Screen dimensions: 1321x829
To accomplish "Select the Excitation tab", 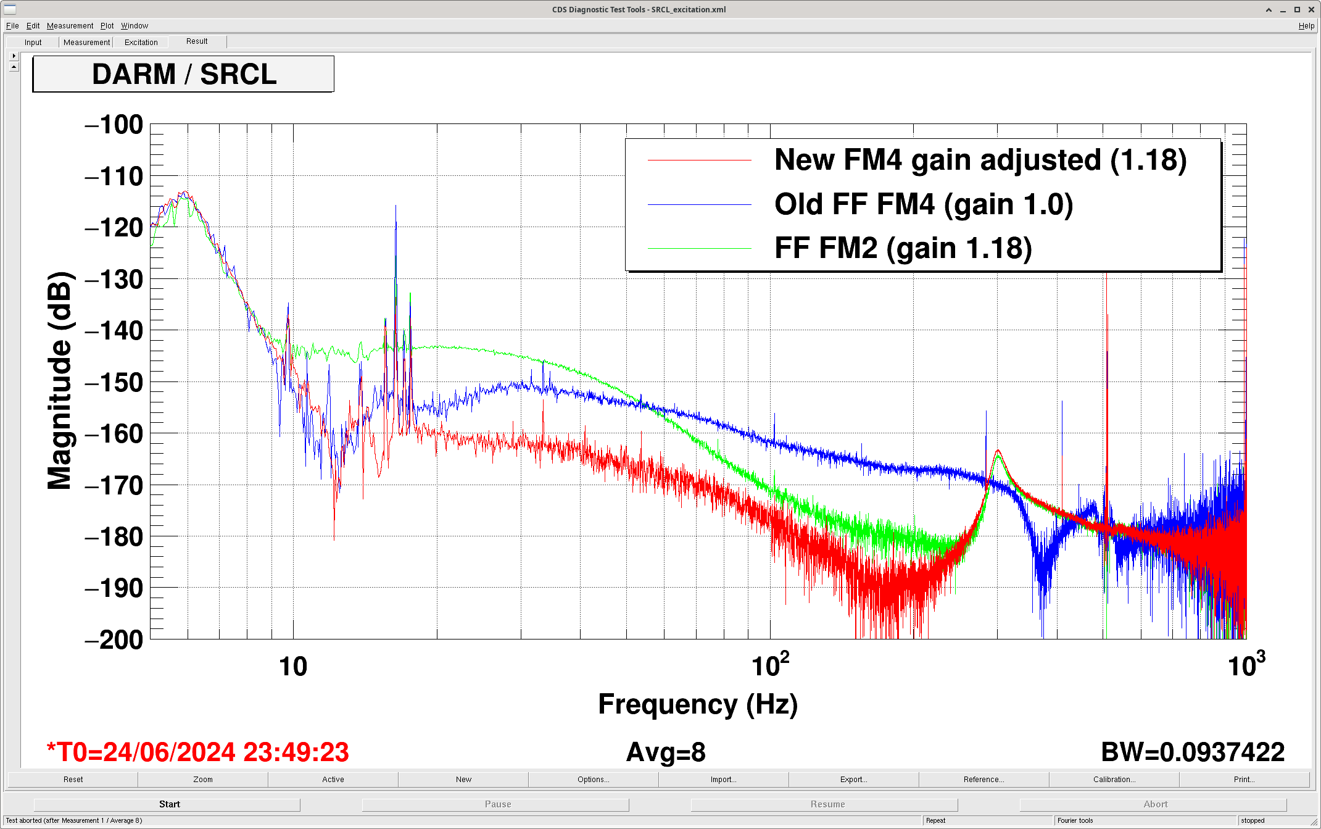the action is pos(141,43).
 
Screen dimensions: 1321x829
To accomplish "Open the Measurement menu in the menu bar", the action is pos(70,26).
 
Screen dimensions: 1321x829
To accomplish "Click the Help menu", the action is pos(1306,26).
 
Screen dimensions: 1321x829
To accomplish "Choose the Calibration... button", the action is pos(1114,780).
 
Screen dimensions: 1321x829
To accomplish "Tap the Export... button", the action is pos(853,780).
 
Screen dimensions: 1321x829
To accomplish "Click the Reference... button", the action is pos(984,780).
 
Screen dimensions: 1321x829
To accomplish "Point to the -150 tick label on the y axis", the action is pos(114,383).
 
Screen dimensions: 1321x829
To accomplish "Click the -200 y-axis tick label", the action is pos(114,639).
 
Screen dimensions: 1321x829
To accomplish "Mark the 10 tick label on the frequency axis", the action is pos(293,667).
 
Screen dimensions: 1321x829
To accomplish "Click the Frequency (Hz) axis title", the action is pos(698,704).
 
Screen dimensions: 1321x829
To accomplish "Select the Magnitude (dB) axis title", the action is pos(60,381).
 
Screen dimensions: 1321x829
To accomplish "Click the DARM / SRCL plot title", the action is pos(184,74).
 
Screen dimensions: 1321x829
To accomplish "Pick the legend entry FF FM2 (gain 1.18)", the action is pos(903,248).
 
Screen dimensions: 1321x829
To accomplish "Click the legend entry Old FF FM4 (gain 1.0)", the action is pos(924,204).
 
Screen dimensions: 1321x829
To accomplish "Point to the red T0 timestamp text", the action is pos(197,752).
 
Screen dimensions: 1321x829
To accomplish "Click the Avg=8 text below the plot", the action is pos(666,752).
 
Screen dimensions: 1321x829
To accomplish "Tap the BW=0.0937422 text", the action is pos(1193,752).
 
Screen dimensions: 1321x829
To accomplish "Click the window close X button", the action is pos(1311,9).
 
